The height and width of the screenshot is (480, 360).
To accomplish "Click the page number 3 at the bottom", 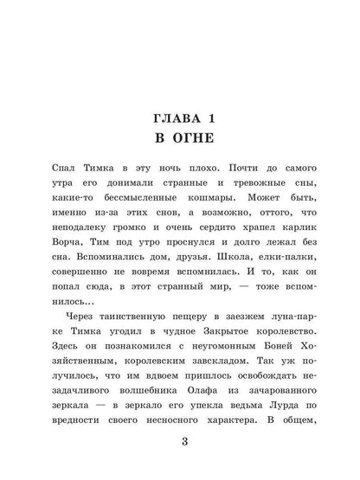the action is point(180,444).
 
